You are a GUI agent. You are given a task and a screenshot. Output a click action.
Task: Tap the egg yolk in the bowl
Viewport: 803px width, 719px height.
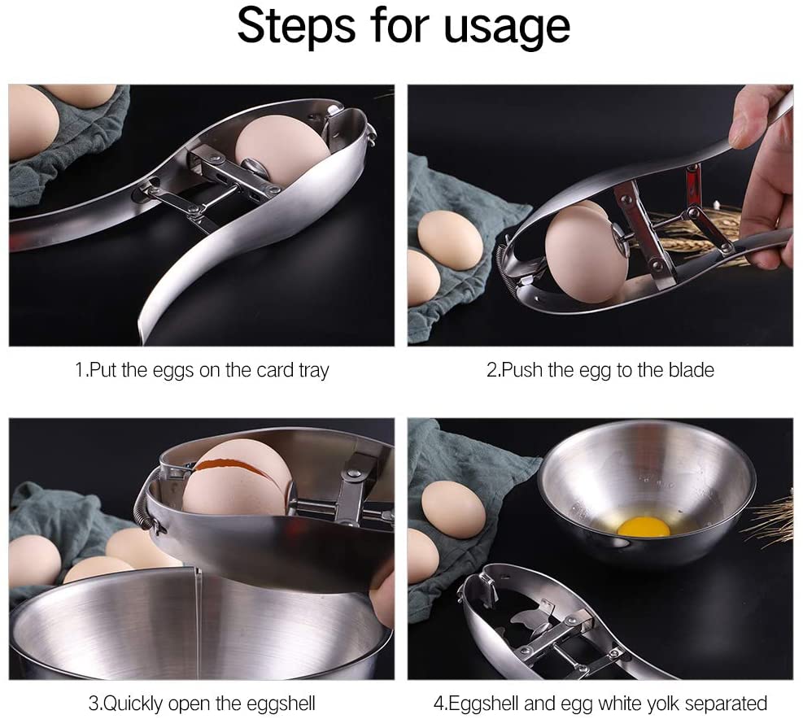pyautogui.click(x=643, y=526)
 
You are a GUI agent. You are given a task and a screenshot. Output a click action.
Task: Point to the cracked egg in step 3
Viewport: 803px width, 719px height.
pyautogui.click(x=236, y=479)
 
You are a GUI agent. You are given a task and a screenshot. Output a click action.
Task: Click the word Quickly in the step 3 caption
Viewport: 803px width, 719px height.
pyautogui.click(x=135, y=704)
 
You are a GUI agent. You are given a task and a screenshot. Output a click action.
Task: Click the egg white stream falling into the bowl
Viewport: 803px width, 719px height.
pyautogui.click(x=197, y=618)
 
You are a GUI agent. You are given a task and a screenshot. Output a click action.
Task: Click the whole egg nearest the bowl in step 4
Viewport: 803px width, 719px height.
pyautogui.click(x=453, y=509)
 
